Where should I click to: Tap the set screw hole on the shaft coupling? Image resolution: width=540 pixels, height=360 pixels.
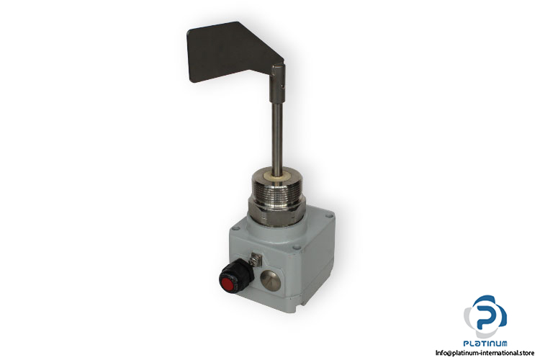coord(282,87)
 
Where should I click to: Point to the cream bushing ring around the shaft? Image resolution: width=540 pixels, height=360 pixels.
coord(276,176)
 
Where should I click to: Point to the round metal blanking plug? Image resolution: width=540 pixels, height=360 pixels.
coord(270,279)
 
